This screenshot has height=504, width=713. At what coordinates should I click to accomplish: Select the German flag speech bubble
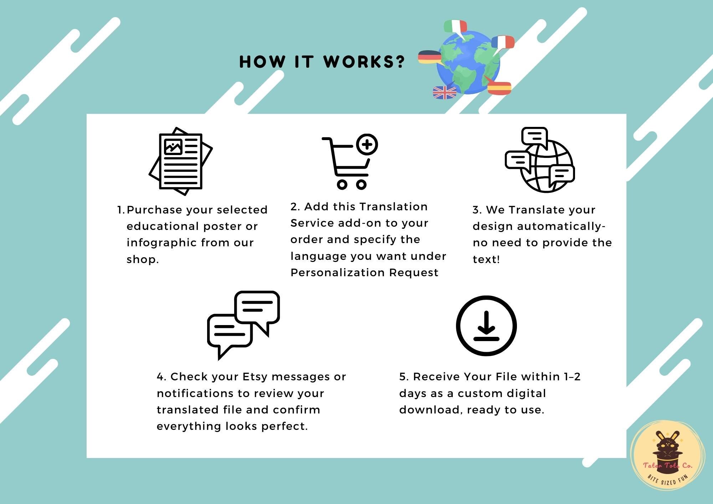coord(430,57)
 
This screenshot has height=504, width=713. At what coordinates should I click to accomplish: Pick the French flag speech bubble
coord(503,42)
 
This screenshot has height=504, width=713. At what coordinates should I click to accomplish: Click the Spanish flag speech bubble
coord(499,88)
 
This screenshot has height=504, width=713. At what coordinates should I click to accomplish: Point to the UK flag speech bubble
coord(444,92)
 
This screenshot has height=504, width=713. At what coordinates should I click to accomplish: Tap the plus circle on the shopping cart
coord(367,144)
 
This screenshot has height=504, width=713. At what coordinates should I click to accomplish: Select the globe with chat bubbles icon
coord(540,160)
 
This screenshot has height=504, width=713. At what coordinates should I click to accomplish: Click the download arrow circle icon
coord(486,326)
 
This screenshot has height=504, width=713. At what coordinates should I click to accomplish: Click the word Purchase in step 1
coord(154,210)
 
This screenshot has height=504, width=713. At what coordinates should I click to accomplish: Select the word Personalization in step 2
coord(338,273)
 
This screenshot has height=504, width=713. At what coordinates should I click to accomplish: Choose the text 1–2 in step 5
coord(572,377)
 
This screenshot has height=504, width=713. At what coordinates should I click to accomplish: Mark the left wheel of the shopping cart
coord(342,184)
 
